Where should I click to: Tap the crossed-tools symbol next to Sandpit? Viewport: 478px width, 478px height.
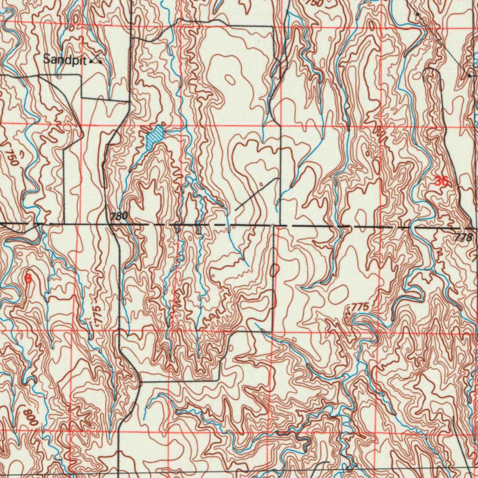[97, 59]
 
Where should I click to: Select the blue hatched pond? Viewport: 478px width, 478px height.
[155, 138]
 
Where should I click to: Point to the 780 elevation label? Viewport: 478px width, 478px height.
[119, 216]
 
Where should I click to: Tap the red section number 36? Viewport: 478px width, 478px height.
[441, 182]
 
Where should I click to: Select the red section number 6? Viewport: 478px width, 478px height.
[28, 279]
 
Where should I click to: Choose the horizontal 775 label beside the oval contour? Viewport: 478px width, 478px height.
[360, 307]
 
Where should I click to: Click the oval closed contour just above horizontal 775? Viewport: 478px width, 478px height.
[338, 294]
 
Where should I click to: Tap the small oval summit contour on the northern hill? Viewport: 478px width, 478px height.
[230, 80]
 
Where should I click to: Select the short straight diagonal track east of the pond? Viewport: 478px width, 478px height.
[256, 194]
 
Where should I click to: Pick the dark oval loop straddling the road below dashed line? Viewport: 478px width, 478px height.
[274, 269]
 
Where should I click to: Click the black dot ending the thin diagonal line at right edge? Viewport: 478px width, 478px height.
[469, 74]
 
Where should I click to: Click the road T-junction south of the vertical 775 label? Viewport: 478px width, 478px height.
[140, 381]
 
